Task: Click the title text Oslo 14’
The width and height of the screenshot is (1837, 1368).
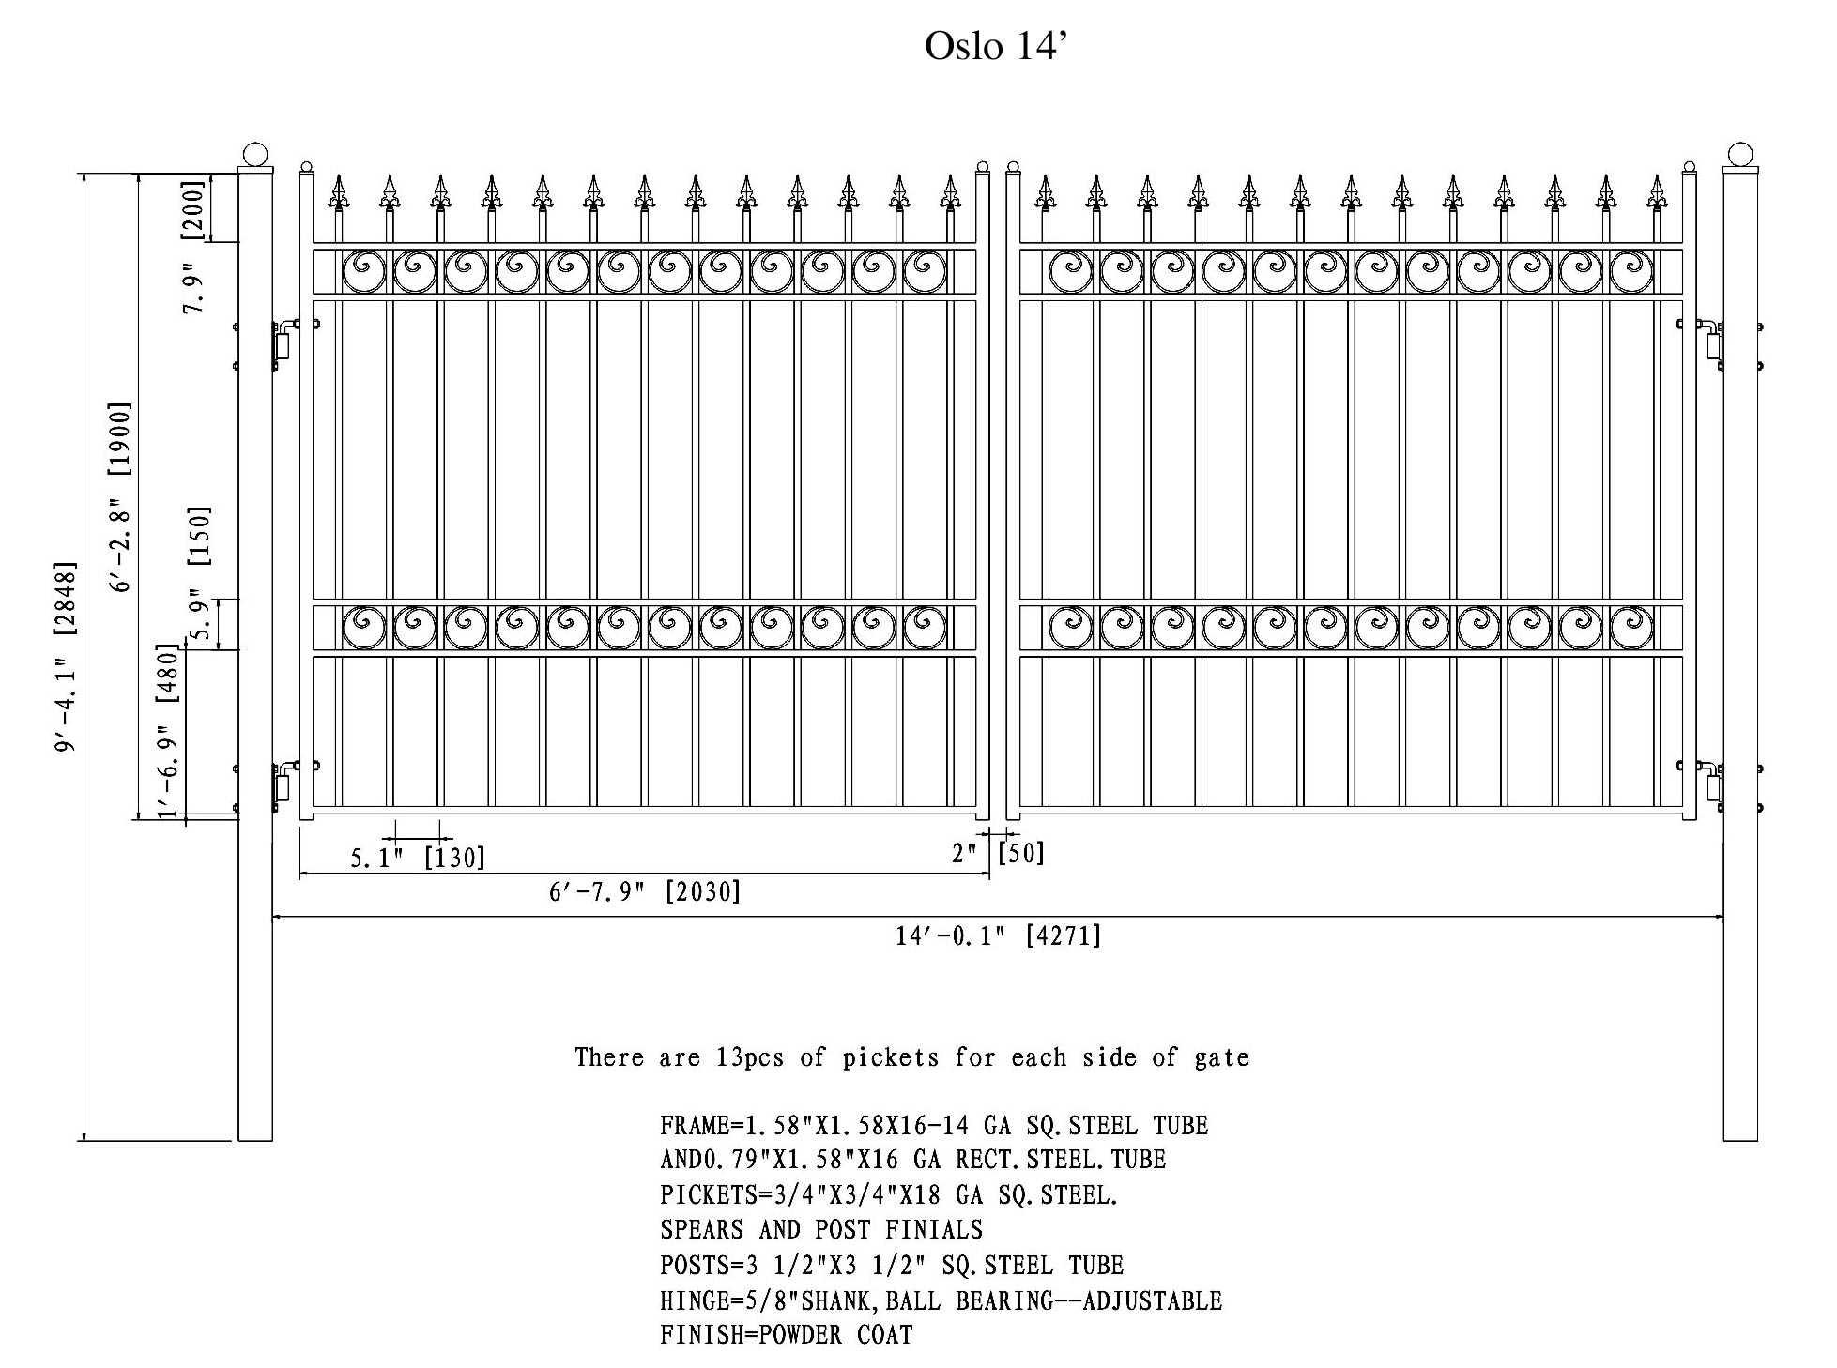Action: pyautogui.click(x=996, y=45)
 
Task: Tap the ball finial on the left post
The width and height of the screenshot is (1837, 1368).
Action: pyautogui.click(x=255, y=155)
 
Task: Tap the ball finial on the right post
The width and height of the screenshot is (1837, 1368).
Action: pyautogui.click(x=1739, y=155)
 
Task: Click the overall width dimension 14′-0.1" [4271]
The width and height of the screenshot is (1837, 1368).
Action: pyautogui.click(x=998, y=935)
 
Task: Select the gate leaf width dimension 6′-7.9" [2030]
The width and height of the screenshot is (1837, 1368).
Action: pyautogui.click(x=645, y=890)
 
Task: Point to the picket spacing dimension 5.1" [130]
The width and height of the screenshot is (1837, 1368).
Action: pyautogui.click(x=418, y=857)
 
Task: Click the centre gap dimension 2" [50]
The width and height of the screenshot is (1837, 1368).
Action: pyautogui.click(x=998, y=853)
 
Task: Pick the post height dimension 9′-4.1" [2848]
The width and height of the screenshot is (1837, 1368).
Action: pyautogui.click(x=66, y=657)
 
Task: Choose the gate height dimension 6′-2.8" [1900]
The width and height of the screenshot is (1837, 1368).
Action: pyautogui.click(x=121, y=497)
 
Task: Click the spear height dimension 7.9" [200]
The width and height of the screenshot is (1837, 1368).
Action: pyautogui.click(x=193, y=247)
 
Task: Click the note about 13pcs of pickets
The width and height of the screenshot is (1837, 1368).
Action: pyautogui.click(x=912, y=1057)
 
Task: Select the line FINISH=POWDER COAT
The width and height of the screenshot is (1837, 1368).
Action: pyautogui.click(x=787, y=1334)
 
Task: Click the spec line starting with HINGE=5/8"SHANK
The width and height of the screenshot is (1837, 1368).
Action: pyautogui.click(x=941, y=1300)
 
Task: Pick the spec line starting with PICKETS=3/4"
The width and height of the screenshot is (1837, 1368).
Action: pyautogui.click(x=889, y=1194)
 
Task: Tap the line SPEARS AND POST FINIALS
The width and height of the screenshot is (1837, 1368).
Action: pyautogui.click(x=821, y=1229)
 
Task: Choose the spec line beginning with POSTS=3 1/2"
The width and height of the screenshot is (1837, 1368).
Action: pyautogui.click(x=892, y=1265)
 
